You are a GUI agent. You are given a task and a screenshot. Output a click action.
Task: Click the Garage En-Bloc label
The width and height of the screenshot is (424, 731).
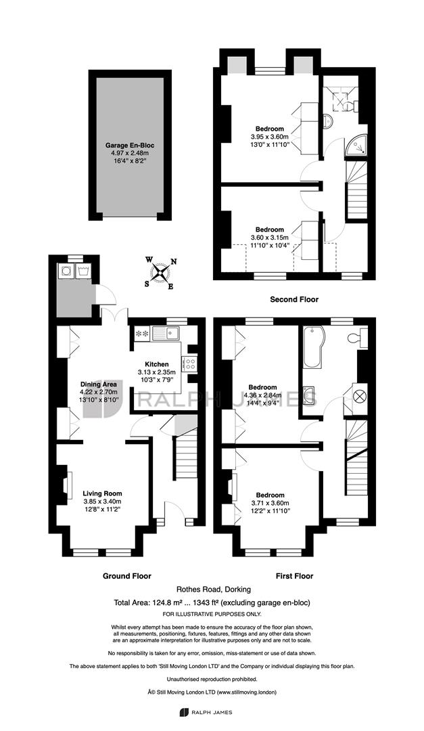pyautogui.click(x=130, y=145)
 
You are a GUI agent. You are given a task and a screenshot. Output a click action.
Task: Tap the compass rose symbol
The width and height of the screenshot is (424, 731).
pyautogui.click(x=161, y=272)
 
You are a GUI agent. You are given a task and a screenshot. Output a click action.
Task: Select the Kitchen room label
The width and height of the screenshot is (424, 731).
pyautogui.click(x=157, y=364)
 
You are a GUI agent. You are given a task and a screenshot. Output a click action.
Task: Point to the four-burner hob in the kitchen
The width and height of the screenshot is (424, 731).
pyautogui.click(x=190, y=364)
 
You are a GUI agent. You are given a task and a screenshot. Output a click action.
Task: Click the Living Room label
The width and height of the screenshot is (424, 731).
pyautogui.click(x=103, y=493)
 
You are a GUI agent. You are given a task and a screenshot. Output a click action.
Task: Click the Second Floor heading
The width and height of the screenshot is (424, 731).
pyautogui.click(x=294, y=299)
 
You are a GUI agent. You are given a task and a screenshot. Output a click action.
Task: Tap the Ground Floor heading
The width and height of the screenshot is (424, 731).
pyautogui.click(x=126, y=576)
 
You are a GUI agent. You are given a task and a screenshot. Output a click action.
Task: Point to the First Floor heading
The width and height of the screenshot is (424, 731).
pyautogui.click(x=294, y=576)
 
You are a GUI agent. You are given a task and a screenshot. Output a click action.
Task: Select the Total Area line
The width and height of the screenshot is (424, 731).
pyautogui.click(x=212, y=602)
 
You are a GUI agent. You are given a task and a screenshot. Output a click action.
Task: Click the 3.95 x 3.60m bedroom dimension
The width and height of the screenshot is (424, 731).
pyautogui.click(x=270, y=137)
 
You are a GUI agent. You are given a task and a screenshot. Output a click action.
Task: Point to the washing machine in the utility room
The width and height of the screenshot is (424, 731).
pyautogui.click(x=65, y=270)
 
